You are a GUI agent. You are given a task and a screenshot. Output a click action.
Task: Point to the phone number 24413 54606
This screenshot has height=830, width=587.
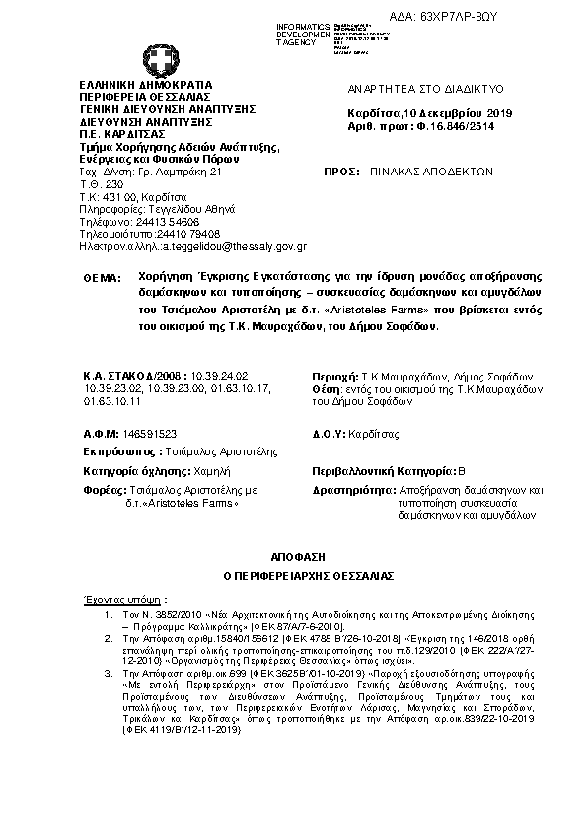click(x=155, y=221)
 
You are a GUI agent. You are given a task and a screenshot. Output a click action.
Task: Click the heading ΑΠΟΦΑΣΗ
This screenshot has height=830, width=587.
click(x=292, y=557)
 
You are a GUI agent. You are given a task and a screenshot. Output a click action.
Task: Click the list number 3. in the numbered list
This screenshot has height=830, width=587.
click(x=110, y=672)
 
